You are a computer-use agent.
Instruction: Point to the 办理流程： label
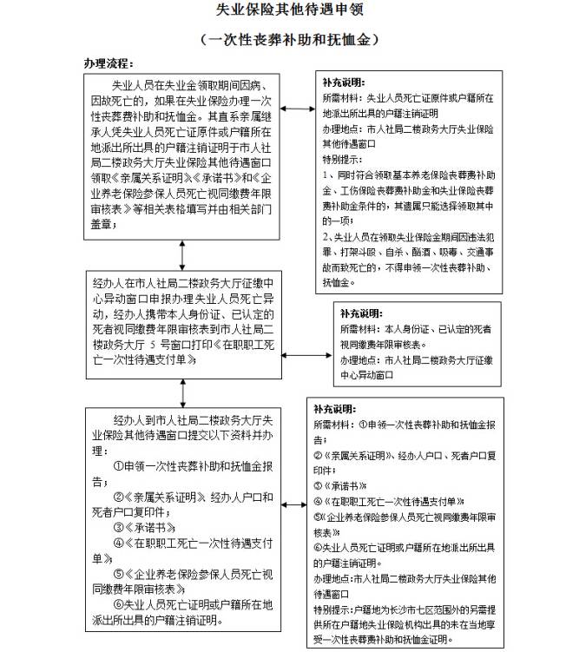point(108,65)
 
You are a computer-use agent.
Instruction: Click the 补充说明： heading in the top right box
point(342,82)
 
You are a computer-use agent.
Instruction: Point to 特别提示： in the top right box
point(341,161)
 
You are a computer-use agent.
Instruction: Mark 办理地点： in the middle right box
point(359,360)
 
